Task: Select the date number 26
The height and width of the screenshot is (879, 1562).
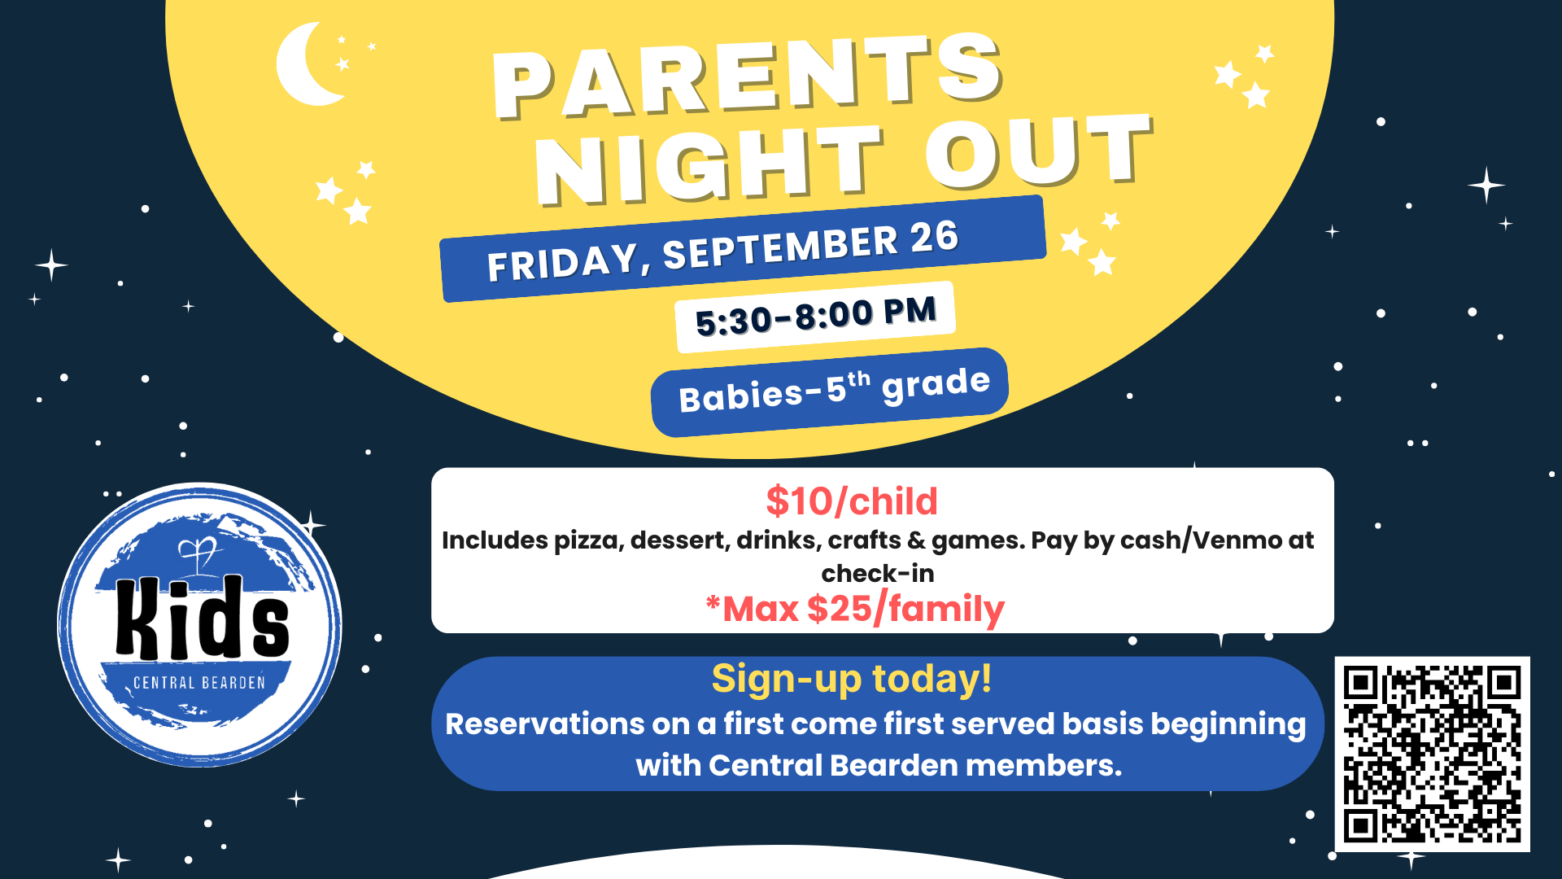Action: pos(935,238)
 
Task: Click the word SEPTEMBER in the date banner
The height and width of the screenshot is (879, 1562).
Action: pos(780,247)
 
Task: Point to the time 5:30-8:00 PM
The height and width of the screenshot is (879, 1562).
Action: pos(816,316)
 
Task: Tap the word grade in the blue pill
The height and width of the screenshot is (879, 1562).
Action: pos(936,384)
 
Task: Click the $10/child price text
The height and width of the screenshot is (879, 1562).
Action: pos(852,501)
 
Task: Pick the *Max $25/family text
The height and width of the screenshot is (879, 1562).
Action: pos(855,609)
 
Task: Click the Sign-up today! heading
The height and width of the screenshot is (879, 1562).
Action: pos(852,679)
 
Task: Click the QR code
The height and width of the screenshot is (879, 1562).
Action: pos(1432,754)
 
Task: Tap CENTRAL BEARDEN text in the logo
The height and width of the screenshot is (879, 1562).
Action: pos(199,683)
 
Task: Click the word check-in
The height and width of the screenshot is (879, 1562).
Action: pos(878,574)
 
